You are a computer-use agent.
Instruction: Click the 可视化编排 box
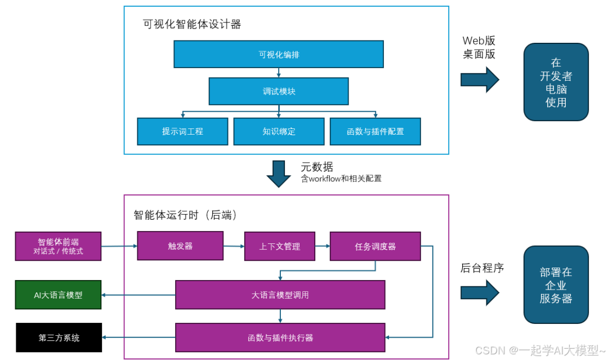[279, 55]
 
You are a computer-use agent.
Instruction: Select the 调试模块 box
[279, 91]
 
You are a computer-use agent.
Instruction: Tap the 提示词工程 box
[182, 131]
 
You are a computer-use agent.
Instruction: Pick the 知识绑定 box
[279, 131]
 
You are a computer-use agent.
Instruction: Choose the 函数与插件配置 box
[375, 131]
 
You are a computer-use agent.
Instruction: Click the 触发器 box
[180, 246]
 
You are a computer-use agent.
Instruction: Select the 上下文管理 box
[279, 246]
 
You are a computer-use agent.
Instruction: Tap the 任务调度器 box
[375, 246]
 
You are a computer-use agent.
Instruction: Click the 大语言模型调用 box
[280, 295]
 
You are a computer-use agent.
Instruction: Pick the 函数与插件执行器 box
[280, 337]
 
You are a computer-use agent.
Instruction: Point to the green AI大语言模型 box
[58, 295]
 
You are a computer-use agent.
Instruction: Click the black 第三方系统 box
[59, 337]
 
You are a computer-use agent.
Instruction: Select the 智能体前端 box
[58, 246]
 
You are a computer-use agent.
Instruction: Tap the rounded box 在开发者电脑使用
[556, 82]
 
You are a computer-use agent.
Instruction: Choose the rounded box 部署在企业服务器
[556, 285]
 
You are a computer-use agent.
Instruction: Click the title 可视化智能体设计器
[192, 24]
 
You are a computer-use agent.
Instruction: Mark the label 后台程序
[482, 268]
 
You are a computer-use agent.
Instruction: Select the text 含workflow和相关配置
[341, 179]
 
